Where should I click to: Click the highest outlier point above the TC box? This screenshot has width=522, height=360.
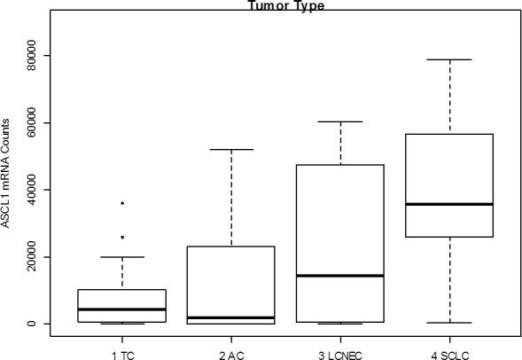point(122,203)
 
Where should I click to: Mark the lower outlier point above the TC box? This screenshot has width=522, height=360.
point(122,237)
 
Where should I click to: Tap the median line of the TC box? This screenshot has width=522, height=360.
point(122,309)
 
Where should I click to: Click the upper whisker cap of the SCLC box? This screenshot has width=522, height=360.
point(449,59)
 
